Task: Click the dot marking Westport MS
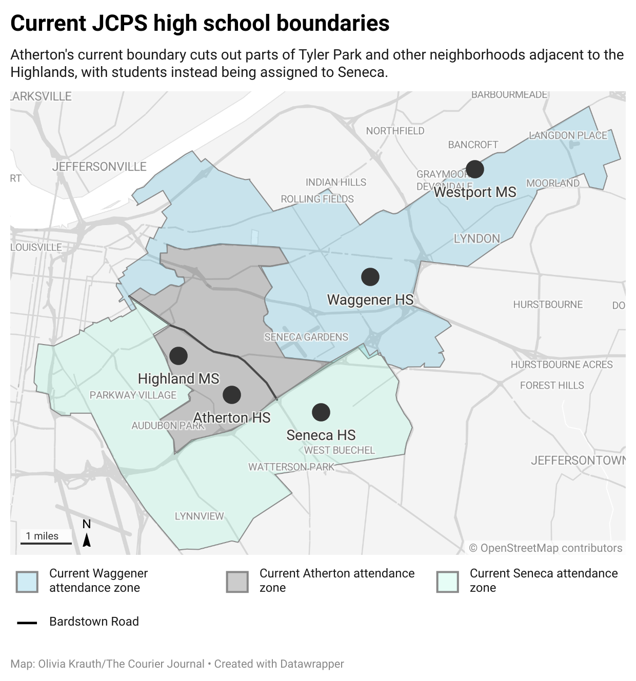coord(474,169)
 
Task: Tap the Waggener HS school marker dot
coord(370,277)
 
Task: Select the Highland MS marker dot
coord(178,355)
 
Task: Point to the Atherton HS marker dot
coord(232,395)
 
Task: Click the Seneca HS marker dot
coord(321,412)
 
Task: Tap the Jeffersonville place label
coord(99,167)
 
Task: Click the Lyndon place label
coord(476,239)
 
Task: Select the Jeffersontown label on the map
coord(578,460)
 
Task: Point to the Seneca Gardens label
coord(306,337)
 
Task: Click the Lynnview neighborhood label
coord(199,516)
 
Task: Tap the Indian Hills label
coord(336,183)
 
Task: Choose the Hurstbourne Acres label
coord(562,365)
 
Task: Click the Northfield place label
coord(395,131)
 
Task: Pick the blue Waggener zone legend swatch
coord(27,582)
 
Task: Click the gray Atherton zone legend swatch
coord(237,582)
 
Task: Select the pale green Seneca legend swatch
coord(447,582)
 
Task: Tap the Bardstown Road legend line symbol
coord(27,623)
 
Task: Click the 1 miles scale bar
coord(46,542)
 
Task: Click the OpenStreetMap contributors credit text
coord(546,548)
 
